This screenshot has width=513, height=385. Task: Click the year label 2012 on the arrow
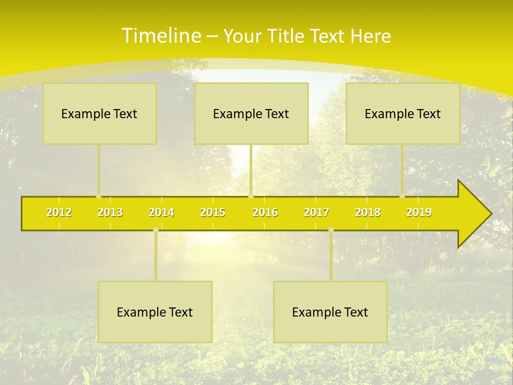(59, 212)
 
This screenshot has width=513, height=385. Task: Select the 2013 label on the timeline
(110, 212)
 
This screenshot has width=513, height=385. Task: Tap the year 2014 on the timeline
(161, 212)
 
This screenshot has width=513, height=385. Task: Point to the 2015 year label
(213, 212)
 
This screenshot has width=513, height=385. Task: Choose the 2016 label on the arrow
(265, 212)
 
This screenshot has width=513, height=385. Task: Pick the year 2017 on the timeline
(316, 212)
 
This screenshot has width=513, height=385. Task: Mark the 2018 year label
(368, 212)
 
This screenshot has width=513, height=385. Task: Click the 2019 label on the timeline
(419, 212)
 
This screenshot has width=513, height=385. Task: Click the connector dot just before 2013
(98, 196)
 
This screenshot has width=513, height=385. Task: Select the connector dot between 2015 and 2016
(251, 196)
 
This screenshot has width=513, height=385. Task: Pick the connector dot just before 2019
(402, 196)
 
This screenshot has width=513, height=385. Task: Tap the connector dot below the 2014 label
(156, 230)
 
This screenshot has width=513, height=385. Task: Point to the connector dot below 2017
(331, 230)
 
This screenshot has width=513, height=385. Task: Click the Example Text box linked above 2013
(99, 113)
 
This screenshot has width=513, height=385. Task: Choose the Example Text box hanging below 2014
(155, 312)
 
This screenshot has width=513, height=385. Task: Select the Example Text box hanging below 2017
(330, 312)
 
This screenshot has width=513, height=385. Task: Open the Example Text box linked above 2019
(403, 113)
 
